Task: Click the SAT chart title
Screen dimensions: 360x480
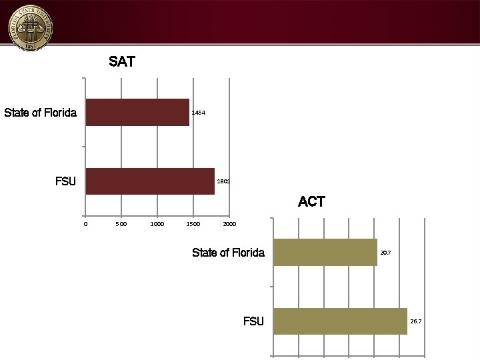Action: click(x=122, y=62)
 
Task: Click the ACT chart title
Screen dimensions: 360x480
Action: click(x=311, y=201)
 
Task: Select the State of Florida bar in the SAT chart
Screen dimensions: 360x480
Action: click(x=137, y=112)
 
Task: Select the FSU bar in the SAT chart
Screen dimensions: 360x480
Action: click(x=150, y=181)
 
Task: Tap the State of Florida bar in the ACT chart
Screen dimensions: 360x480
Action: click(x=325, y=252)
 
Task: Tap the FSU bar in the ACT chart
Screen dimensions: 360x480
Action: click(x=340, y=321)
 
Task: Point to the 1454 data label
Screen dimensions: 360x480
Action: click(x=199, y=113)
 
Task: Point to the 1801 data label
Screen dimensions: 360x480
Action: click(x=223, y=181)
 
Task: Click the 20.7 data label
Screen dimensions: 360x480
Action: click(x=385, y=253)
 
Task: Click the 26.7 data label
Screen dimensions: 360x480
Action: click(x=415, y=321)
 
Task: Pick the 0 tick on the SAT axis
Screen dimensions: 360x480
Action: click(x=85, y=224)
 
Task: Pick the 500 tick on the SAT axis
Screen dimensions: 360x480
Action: click(x=121, y=224)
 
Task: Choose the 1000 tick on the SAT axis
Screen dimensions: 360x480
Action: click(x=157, y=224)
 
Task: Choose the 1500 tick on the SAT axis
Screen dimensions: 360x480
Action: click(x=193, y=224)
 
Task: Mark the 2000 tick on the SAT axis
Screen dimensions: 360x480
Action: click(x=229, y=224)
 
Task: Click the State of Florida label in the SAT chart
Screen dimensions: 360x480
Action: click(x=40, y=113)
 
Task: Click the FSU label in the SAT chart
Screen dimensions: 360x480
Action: click(x=65, y=181)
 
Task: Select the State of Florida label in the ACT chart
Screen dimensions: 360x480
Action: click(x=228, y=253)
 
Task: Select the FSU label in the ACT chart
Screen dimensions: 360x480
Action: click(x=253, y=321)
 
